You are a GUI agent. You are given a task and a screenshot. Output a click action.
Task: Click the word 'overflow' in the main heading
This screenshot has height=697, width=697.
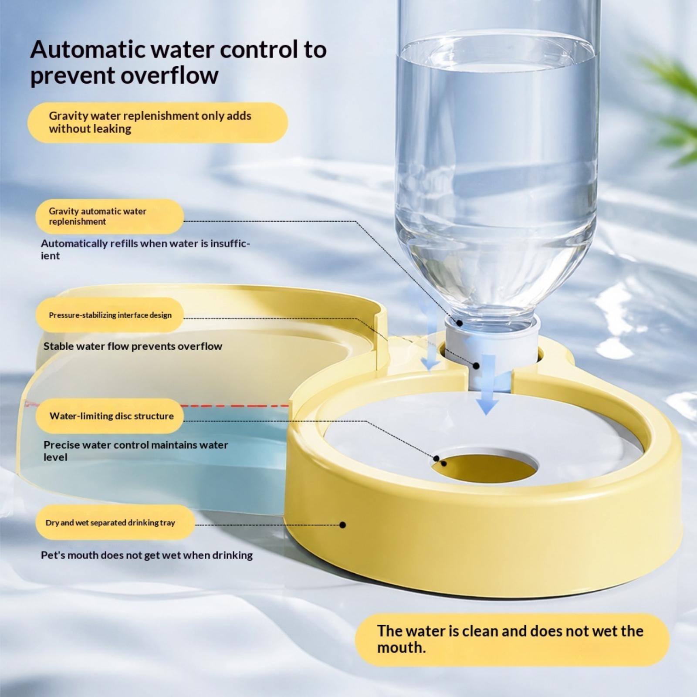169,75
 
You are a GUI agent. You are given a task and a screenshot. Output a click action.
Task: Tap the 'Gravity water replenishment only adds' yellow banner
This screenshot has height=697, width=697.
158,122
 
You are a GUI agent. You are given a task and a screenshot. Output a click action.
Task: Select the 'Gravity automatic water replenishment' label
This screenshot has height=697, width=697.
110,217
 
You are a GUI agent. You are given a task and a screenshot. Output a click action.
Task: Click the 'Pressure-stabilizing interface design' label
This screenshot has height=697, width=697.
110,315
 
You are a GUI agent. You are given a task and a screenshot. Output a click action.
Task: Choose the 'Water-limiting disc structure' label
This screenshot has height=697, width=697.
110,416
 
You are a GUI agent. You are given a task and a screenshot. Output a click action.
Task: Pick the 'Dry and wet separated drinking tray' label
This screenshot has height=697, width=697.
115,522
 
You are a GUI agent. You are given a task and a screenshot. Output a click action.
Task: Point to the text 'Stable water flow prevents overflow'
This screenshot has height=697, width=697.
133,346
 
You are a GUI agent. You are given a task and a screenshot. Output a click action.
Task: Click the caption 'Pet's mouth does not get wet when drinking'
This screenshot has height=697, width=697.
147,555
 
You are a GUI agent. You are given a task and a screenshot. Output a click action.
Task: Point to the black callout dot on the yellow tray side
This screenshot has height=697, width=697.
342,525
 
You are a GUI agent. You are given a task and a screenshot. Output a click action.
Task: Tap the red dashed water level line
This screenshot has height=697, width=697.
235,406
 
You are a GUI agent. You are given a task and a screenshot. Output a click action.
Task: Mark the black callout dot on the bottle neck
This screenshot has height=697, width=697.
460,323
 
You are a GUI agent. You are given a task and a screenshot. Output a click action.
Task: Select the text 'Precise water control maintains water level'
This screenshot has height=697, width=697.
136,451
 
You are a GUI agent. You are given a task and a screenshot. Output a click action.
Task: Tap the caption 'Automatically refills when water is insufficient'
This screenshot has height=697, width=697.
145,249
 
